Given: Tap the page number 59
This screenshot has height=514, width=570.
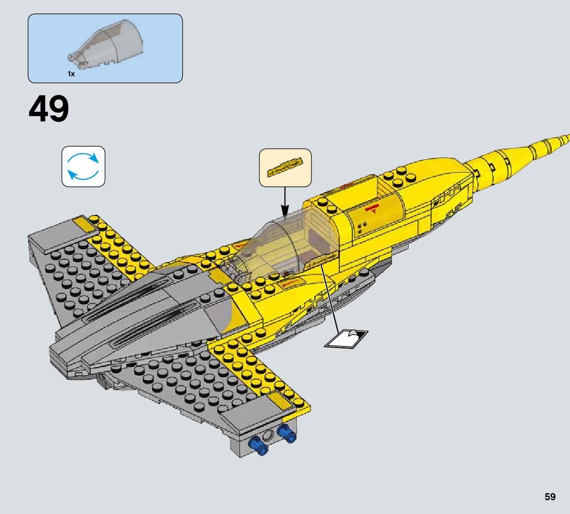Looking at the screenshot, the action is pos(550,497).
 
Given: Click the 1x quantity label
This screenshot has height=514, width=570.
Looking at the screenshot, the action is pos(71,74).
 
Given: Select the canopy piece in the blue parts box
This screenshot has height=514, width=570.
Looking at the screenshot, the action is pos(107,48).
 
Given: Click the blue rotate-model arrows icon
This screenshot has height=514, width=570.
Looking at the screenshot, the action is pos(83,167).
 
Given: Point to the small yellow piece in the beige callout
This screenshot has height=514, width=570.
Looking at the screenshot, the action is pos(285,167).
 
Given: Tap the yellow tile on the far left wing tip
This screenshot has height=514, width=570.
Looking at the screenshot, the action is pos(85,226).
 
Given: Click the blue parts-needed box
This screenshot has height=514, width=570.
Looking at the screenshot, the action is pos(105,48).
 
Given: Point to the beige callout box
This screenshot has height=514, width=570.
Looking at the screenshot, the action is pos(285,168).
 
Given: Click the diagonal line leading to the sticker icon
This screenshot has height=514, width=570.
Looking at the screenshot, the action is pos(331,297).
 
